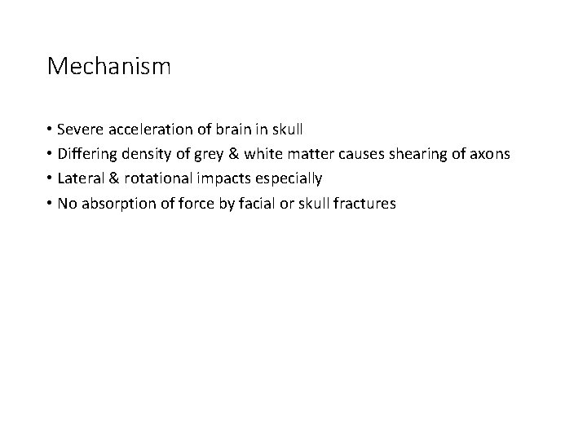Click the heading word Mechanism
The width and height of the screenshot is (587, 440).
pos(109,66)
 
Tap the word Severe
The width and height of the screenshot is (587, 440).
pos(80,130)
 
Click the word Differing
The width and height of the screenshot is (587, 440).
pos(88,154)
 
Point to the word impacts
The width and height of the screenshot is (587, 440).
pos(225,178)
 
